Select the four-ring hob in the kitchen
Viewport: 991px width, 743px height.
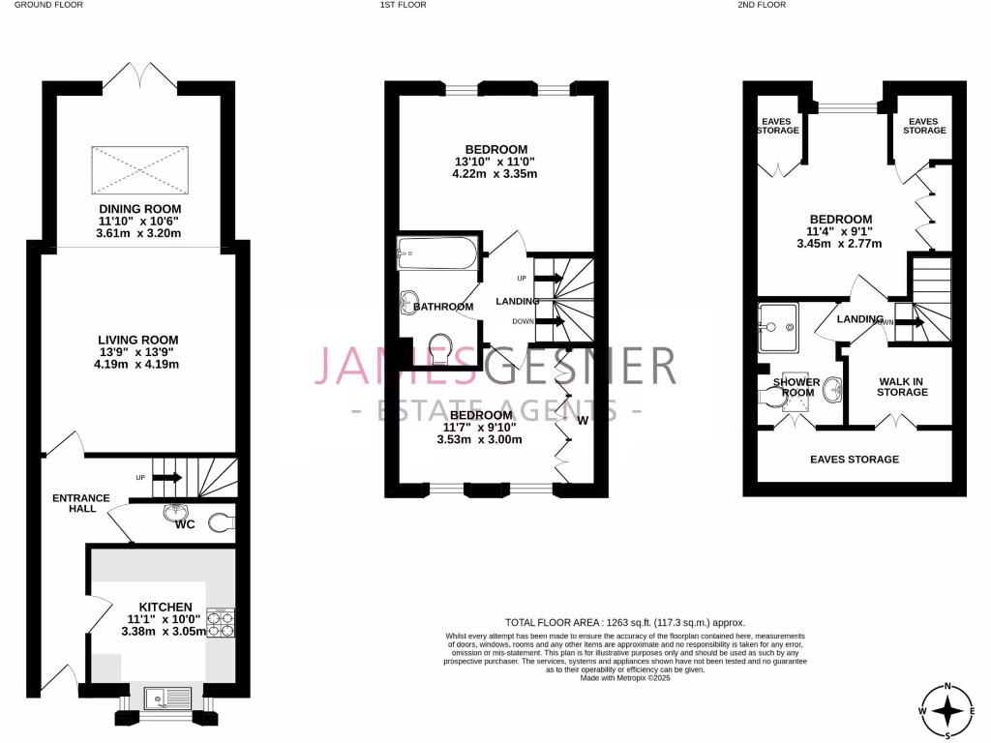(x=222, y=621)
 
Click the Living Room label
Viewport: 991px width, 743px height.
(x=138, y=340)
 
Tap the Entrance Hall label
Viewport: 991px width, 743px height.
(x=81, y=503)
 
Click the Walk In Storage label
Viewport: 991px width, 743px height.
(x=902, y=386)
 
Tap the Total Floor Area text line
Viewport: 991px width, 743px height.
(x=625, y=622)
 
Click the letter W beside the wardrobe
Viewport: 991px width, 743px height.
(x=583, y=420)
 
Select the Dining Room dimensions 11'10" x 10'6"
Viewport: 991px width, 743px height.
(x=139, y=221)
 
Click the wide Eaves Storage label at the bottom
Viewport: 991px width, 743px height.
(x=855, y=460)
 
